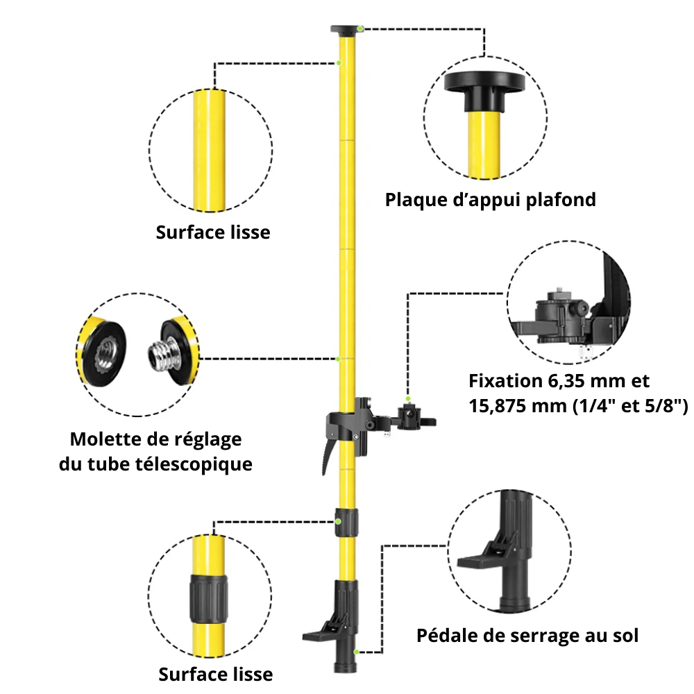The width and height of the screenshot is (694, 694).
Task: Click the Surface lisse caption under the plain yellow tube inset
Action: click(212, 232)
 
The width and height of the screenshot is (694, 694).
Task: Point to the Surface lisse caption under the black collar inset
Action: click(215, 674)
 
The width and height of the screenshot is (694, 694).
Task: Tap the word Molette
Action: click(103, 439)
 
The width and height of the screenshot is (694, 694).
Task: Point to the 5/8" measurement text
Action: click(662, 406)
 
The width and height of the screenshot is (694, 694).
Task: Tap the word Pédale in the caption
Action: click(444, 635)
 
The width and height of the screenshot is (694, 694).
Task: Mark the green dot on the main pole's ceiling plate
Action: click(361, 28)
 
